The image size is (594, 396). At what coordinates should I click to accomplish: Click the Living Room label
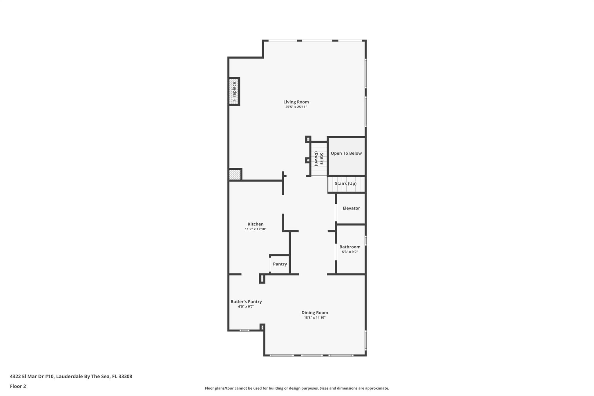(x=296, y=102)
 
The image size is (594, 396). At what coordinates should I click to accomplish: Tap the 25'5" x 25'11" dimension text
(x=296, y=107)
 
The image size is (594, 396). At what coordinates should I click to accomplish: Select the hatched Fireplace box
(x=234, y=91)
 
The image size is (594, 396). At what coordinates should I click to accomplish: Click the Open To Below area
(x=346, y=157)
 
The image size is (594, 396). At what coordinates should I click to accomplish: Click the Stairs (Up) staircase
(x=346, y=184)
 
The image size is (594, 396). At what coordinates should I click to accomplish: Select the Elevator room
(x=351, y=208)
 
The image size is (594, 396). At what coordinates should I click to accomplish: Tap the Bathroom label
(x=350, y=247)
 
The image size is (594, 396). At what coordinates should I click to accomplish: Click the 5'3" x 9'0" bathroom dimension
(x=350, y=252)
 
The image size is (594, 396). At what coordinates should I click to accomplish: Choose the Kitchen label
(x=256, y=224)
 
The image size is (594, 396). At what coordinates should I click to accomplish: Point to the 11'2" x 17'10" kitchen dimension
(x=256, y=229)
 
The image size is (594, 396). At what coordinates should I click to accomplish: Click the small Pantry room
(x=280, y=264)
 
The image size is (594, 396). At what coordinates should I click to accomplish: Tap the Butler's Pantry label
(x=246, y=301)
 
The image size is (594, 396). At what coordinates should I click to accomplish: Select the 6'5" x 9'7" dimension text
(x=246, y=307)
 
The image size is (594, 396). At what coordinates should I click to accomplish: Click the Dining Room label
(x=315, y=312)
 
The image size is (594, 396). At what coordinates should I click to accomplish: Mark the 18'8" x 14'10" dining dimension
(x=315, y=318)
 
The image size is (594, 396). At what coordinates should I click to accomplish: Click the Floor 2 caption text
(x=18, y=386)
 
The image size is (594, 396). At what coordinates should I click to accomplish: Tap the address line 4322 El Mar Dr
(x=71, y=376)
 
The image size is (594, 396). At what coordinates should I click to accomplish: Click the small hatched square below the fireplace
(x=235, y=175)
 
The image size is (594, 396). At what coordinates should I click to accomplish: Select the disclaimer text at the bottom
(x=297, y=388)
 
